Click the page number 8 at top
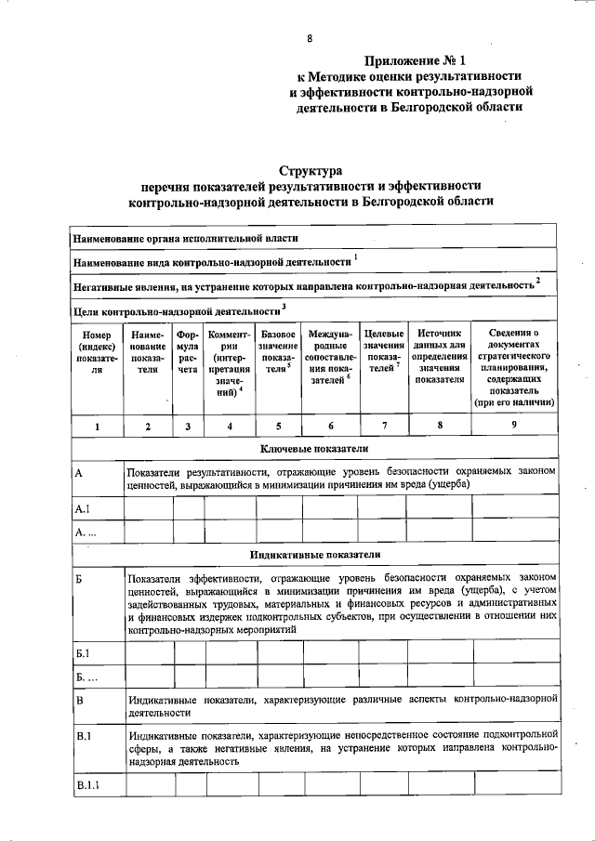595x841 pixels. (x=310, y=38)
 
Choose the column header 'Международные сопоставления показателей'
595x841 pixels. (x=329, y=357)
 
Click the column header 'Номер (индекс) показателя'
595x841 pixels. (x=97, y=357)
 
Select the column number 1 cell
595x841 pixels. (x=97, y=427)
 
